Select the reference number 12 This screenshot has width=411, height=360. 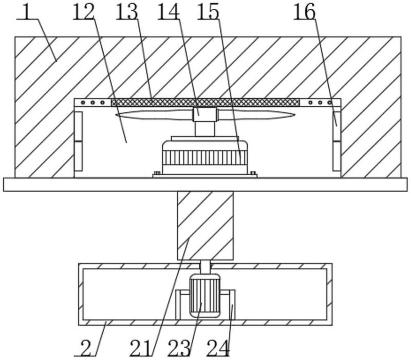pos(83,11)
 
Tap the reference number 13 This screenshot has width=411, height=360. pos(127,11)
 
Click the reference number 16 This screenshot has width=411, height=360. pos(304,11)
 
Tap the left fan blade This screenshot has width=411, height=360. pos(154,115)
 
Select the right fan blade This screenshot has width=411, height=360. pos(257,115)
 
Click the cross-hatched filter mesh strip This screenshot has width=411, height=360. pos(206,102)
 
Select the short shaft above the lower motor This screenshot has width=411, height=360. pos(205,267)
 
